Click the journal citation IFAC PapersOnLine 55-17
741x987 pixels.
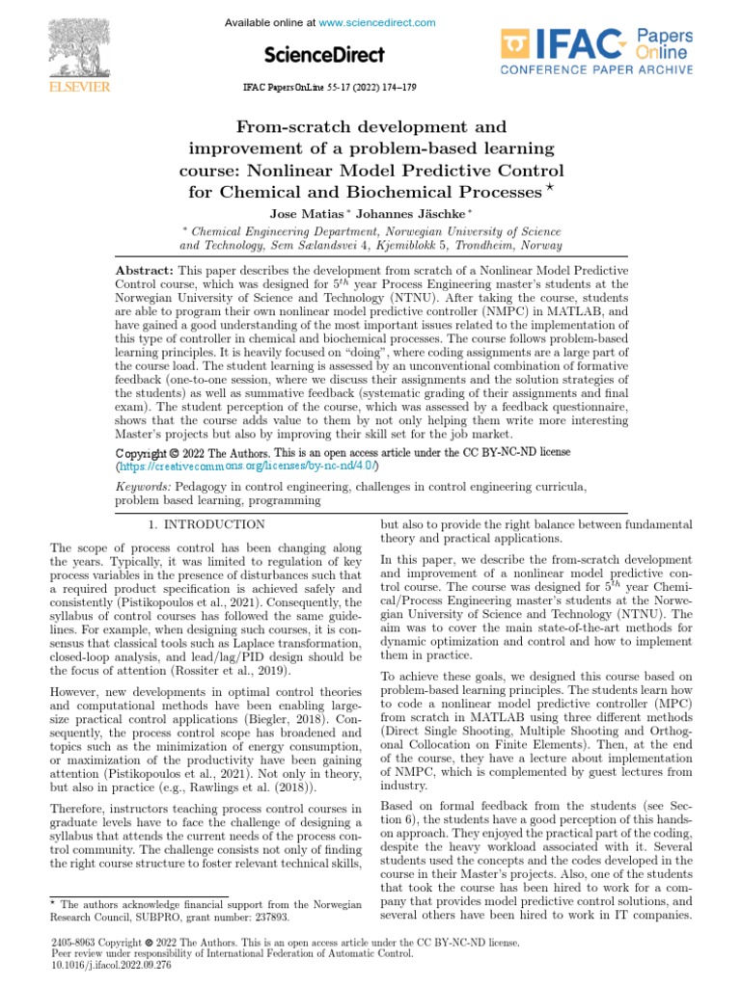[x=328, y=87]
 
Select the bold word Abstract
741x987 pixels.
[x=144, y=273]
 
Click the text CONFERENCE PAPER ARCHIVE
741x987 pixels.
[x=595, y=70]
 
